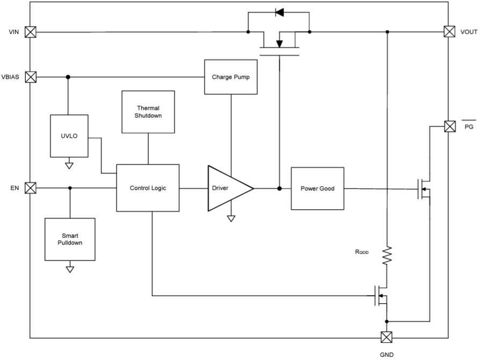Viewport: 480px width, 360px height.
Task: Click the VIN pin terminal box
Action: pyautogui.click(x=31, y=32)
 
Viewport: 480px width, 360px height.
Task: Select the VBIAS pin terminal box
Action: pyautogui.click(x=31, y=77)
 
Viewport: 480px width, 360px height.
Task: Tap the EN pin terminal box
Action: pyautogui.click(x=31, y=188)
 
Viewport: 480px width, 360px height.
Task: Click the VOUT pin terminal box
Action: pyautogui.click(x=449, y=32)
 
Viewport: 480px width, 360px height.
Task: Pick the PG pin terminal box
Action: pyautogui.click(x=449, y=127)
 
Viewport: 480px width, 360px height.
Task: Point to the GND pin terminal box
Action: pyautogui.click(x=386, y=337)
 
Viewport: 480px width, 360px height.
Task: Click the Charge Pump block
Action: pyautogui.click(x=231, y=77)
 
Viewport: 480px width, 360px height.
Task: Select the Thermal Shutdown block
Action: pyautogui.click(x=148, y=112)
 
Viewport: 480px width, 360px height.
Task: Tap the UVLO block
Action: pyautogui.click(x=69, y=136)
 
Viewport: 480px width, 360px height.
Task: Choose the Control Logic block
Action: pyautogui.click(x=148, y=188)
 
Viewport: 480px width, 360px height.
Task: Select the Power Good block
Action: pyautogui.click(x=317, y=188)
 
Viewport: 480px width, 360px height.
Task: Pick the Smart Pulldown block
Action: pyautogui.click(x=70, y=239)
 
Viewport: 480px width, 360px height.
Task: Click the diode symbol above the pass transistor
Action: pyautogui.click(x=279, y=12)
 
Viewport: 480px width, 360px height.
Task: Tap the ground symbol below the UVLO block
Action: pyautogui.click(x=69, y=165)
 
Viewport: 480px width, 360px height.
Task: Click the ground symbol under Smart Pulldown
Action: pyautogui.click(x=70, y=269)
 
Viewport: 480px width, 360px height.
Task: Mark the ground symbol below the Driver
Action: pyautogui.click(x=231, y=218)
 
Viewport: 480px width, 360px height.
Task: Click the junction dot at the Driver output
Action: pyautogui.click(x=279, y=188)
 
